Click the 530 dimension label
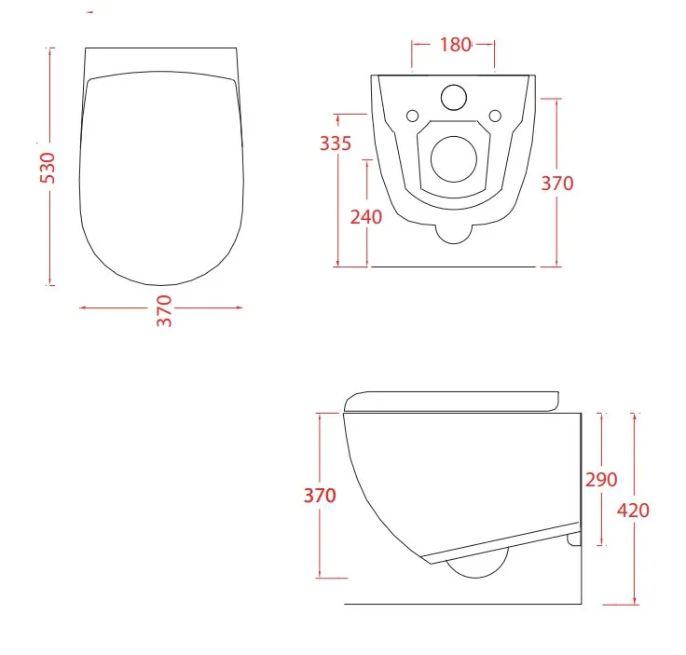coord(48,168)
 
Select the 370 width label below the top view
coord(164,311)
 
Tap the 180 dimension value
coord(455,45)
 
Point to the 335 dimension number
coord(336,143)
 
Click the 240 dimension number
coord(365,217)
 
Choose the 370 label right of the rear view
coord(557,184)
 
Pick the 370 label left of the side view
coord(320,496)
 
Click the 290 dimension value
coord(601,480)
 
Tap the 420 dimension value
coord(633,511)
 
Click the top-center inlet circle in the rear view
coord(454,97)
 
